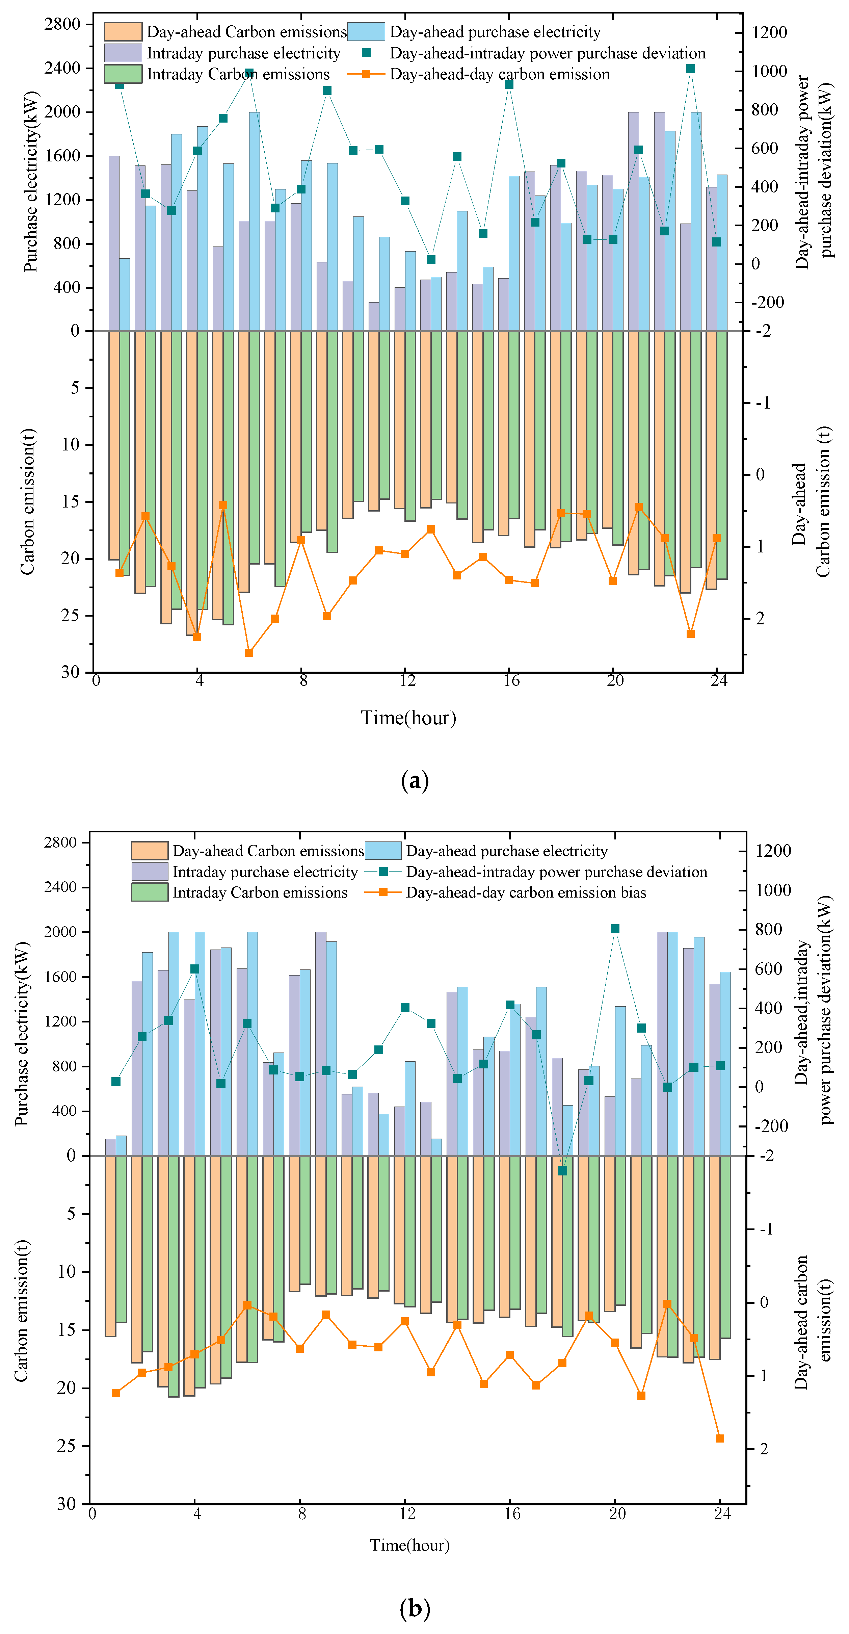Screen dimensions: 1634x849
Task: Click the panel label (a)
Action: tap(415, 780)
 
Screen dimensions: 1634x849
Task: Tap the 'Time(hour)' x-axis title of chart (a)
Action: tap(408, 718)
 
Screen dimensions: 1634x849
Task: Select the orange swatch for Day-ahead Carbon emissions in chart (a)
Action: tap(123, 32)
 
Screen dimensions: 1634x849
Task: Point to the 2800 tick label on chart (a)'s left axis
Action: tap(62, 24)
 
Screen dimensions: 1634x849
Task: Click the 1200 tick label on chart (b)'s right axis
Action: tap(773, 851)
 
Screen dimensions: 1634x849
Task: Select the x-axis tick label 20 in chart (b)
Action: tap(617, 1514)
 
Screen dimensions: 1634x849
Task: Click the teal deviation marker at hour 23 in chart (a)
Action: tap(690, 69)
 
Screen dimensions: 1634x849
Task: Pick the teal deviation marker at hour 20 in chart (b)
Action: tap(614, 929)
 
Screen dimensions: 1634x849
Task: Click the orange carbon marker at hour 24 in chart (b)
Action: tap(720, 1438)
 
